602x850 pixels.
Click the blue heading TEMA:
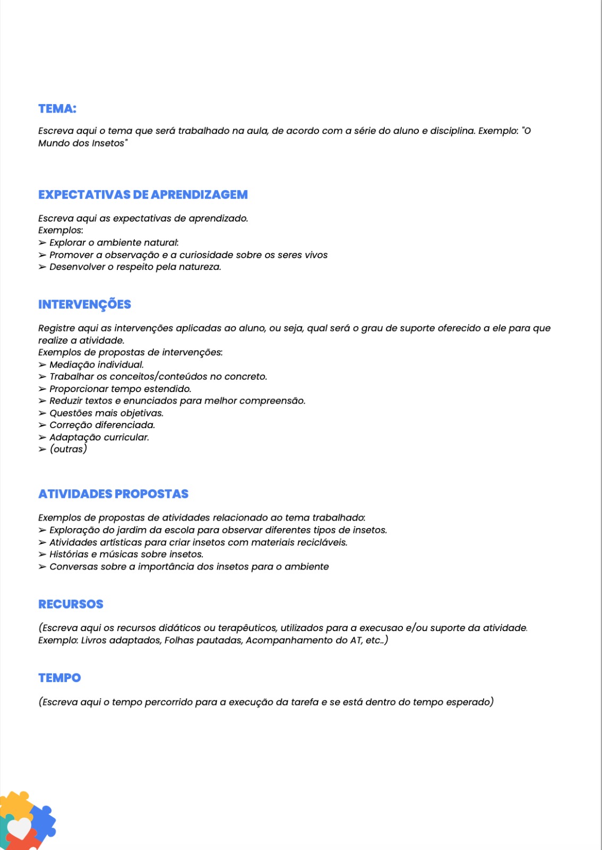pos(57,109)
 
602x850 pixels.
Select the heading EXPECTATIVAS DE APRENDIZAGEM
pos(143,195)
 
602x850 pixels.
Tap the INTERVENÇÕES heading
pos(84,304)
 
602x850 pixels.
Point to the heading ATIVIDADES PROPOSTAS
pos(113,494)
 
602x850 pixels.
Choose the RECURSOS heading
pos(71,604)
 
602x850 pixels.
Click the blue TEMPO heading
pos(59,678)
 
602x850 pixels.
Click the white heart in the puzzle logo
pos(20,828)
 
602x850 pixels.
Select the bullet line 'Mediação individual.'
pos(96,365)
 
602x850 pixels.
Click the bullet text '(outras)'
pos(68,449)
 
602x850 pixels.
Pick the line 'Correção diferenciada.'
pos(102,425)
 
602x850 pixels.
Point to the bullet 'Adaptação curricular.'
pos(99,437)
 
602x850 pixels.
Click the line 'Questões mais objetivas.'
pos(106,413)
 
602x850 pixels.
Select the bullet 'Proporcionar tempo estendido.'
pos(120,389)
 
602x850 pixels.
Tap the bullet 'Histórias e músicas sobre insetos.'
pos(126,555)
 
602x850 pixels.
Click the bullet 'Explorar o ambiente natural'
pos(114,243)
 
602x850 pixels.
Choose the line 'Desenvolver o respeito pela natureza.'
pos(135,267)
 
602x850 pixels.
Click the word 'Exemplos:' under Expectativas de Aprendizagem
pos(61,231)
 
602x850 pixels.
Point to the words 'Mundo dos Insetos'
pos(81,143)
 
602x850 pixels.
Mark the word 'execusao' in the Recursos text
pos(381,628)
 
